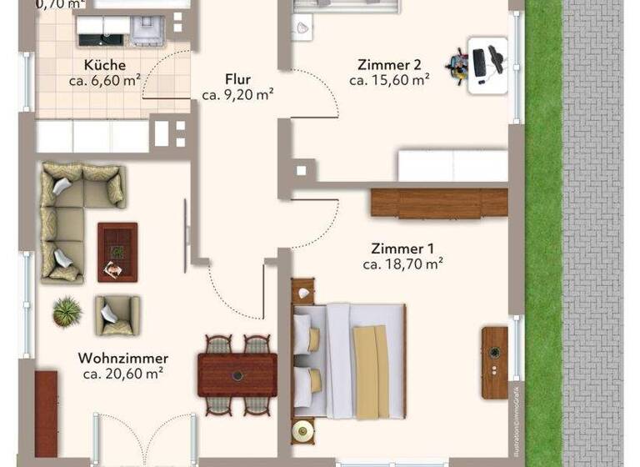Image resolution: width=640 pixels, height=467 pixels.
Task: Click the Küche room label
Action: [104, 65]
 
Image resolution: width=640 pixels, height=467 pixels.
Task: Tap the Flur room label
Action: [237, 80]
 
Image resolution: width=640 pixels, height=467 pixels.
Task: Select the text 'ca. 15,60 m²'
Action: [389, 80]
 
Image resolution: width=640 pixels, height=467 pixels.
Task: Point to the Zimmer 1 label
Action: [402, 249]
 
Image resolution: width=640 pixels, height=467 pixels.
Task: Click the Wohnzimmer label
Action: [123, 358]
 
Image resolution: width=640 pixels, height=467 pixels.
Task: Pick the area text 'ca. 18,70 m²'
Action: [402, 264]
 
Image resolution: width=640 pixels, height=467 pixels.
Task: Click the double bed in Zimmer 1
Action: [349, 360]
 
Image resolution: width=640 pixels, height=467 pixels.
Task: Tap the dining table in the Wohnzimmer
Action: [237, 374]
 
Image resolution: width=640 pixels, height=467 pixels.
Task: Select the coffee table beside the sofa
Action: [117, 252]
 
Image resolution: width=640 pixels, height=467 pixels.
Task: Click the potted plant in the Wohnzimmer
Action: [67, 312]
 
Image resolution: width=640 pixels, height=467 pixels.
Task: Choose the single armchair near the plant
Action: [117, 315]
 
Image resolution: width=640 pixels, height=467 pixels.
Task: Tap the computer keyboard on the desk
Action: [480, 62]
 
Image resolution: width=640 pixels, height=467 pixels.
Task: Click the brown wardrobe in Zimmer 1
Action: [439, 203]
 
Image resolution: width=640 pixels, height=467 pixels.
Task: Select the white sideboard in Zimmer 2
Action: [452, 165]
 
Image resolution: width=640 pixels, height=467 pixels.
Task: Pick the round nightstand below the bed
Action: [302, 431]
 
